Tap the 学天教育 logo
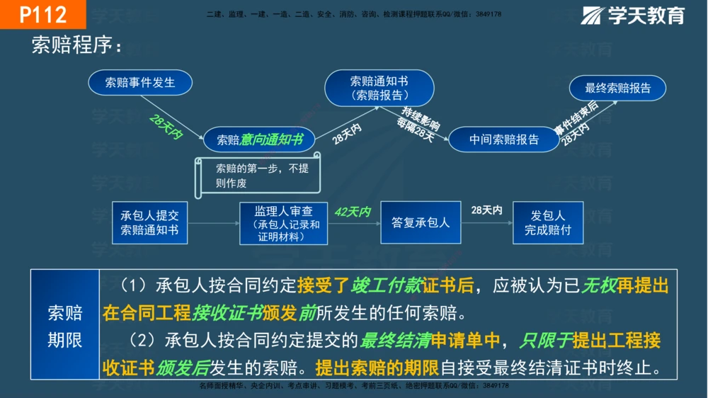click(x=633, y=15)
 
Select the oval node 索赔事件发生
click(x=140, y=83)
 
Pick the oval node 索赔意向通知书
click(x=259, y=140)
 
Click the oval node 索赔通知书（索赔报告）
click(x=379, y=88)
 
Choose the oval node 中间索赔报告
click(x=503, y=140)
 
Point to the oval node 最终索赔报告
click(x=617, y=88)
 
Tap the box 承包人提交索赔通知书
click(x=149, y=222)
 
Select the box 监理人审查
click(x=283, y=222)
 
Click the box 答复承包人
click(x=421, y=222)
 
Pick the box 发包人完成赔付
click(x=548, y=222)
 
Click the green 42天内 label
click(x=352, y=212)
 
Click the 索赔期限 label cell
click(x=64, y=326)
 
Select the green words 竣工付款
click(x=385, y=286)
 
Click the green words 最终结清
click(x=396, y=341)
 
